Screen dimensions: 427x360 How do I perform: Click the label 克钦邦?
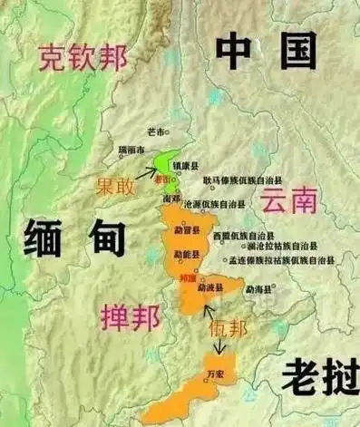81,59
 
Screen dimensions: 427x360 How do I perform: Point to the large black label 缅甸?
71,239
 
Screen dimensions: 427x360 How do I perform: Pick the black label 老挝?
314,375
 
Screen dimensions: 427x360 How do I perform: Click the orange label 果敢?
118,186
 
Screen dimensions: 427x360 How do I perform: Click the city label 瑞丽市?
132,149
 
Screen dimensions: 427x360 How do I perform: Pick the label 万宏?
215,373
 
